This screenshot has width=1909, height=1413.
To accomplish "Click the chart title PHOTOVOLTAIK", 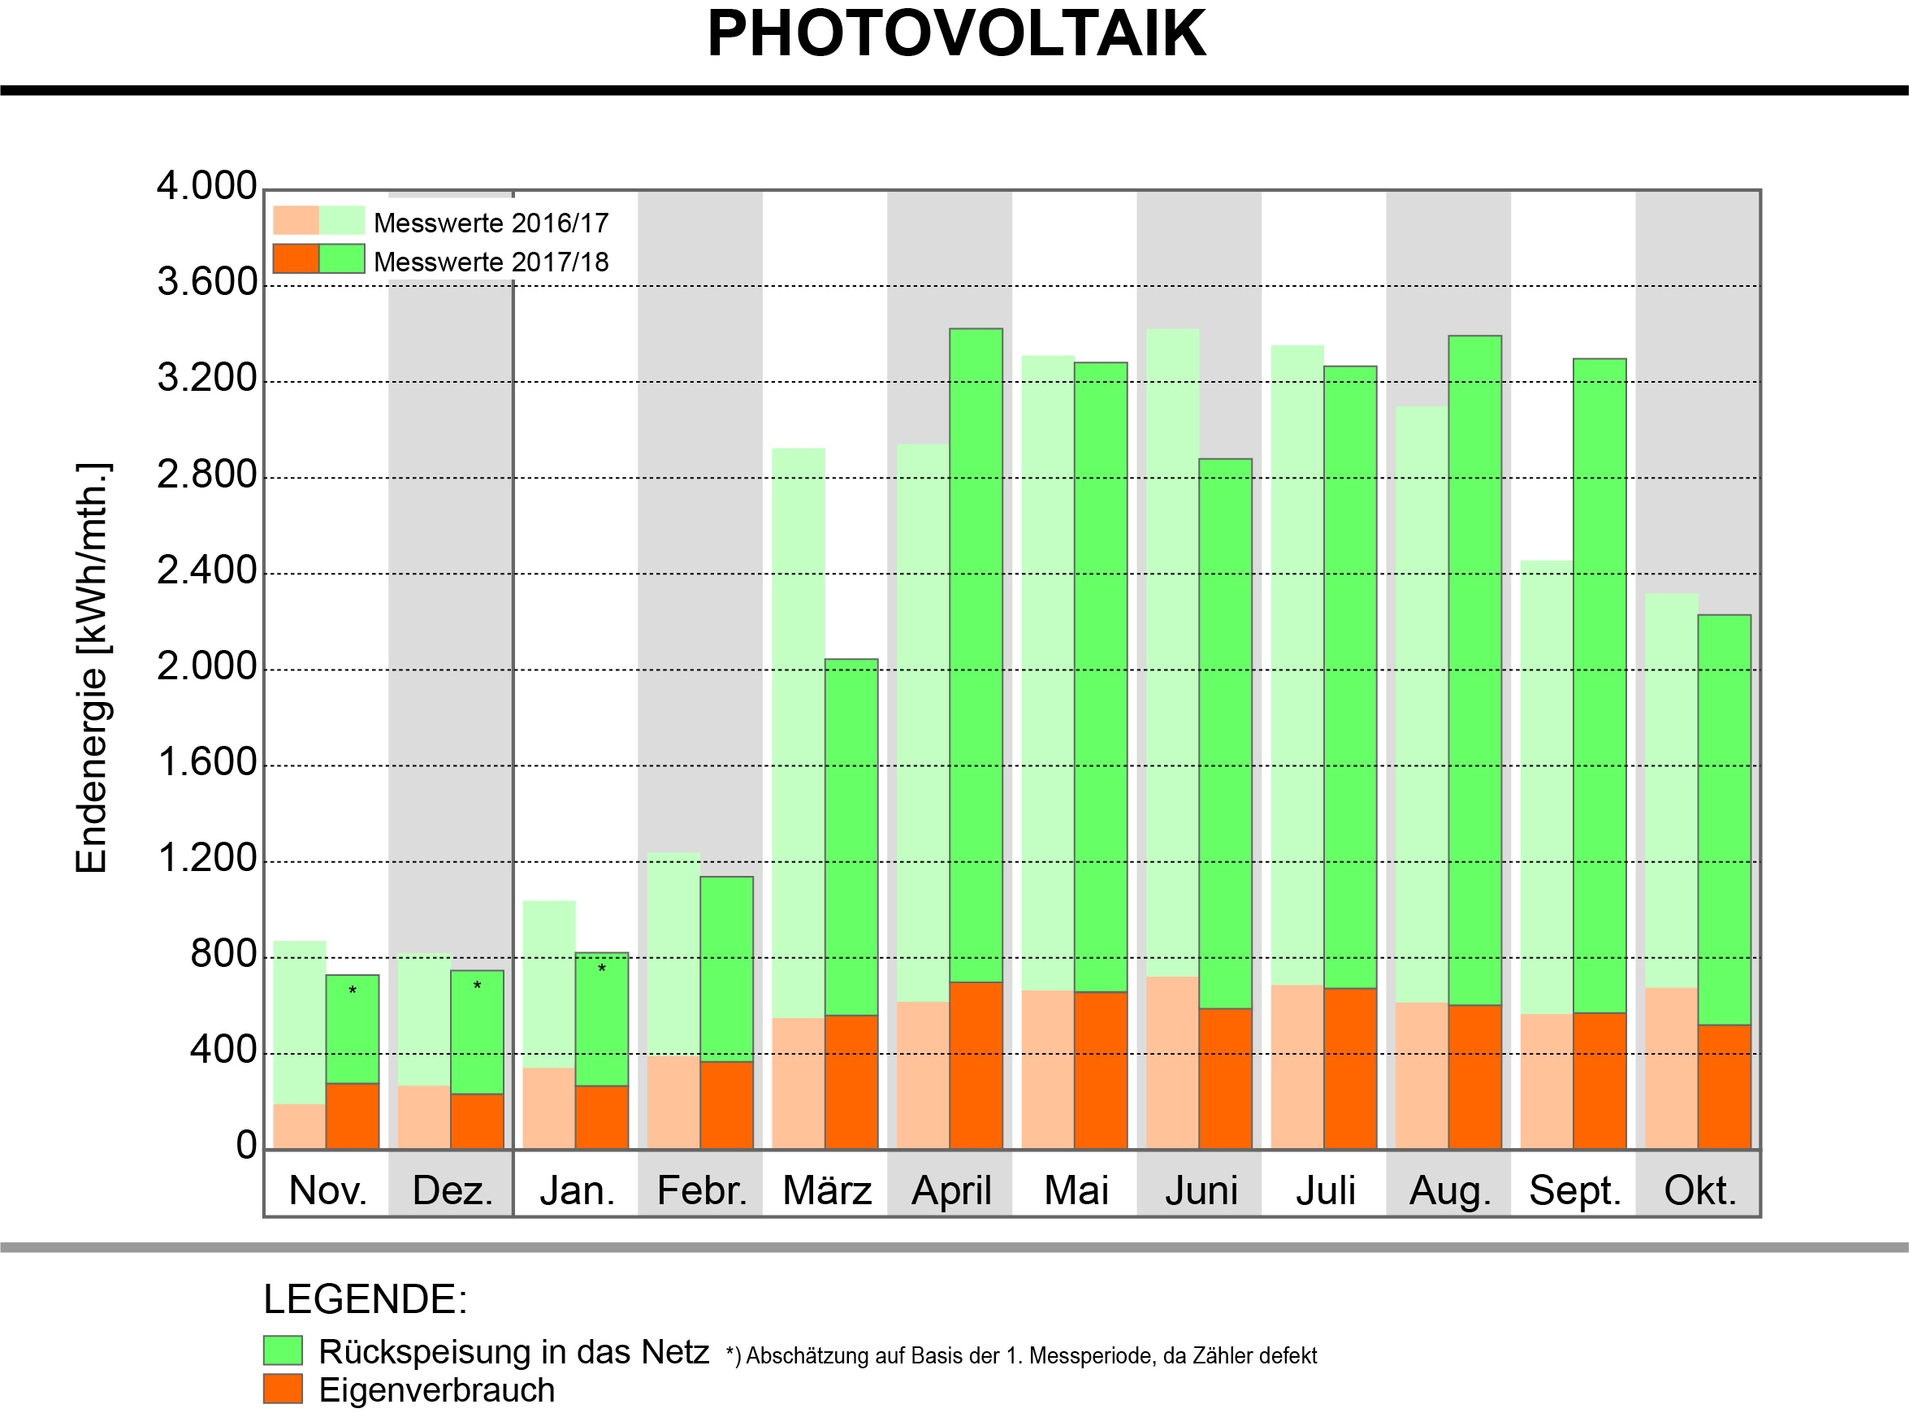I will tap(956, 34).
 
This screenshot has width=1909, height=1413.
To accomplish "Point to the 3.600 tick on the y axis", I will tap(206, 282).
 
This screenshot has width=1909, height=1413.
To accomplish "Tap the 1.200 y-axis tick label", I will tap(206, 858).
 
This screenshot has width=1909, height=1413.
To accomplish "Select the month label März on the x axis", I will tap(827, 1190).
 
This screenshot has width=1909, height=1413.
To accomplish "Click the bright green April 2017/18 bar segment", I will tap(976, 650).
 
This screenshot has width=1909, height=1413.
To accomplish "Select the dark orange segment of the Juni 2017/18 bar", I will tap(1225, 1077).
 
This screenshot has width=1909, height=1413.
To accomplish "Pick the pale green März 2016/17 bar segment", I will tap(798, 727).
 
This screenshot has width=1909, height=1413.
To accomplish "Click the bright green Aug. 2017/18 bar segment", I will tap(1474, 667).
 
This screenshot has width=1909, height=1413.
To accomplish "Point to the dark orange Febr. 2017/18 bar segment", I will tap(727, 1105).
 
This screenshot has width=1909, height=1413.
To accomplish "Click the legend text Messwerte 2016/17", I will tap(491, 223).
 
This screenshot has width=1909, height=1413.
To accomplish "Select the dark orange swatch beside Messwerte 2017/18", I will tap(296, 259).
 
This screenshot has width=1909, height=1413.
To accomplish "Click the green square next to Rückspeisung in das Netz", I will tap(283, 1350).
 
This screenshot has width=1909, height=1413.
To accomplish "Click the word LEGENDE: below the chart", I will tap(365, 1299).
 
